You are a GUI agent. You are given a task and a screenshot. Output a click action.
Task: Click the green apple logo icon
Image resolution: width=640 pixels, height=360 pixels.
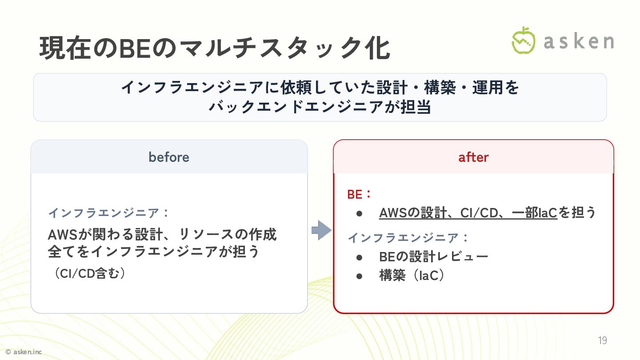[x=523, y=40]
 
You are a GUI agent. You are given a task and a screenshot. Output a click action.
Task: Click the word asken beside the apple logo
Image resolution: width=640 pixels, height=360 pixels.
[x=579, y=41]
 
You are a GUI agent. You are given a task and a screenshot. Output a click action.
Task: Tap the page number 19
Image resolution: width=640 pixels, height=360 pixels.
[x=602, y=340]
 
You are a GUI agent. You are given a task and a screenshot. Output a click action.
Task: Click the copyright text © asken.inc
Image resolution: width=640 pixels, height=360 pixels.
[x=23, y=352]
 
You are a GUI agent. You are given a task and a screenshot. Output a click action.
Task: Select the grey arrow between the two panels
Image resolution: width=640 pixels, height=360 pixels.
[x=321, y=230]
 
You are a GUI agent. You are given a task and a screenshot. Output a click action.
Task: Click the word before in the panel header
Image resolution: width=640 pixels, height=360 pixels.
[x=169, y=157]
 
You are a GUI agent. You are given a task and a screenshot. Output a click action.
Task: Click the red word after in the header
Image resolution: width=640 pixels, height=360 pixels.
[x=473, y=157]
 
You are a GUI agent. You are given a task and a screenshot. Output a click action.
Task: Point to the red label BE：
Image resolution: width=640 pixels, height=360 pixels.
[x=359, y=194]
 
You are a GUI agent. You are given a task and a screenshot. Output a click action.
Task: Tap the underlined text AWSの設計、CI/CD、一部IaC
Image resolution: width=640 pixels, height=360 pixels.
[x=468, y=213]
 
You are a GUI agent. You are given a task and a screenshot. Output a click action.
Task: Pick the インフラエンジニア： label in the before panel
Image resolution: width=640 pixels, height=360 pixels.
[x=109, y=213]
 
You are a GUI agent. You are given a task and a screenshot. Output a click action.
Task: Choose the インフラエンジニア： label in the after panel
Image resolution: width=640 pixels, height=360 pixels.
[x=408, y=238]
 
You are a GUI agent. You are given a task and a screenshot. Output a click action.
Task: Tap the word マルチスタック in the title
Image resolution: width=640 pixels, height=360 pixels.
[x=258, y=49]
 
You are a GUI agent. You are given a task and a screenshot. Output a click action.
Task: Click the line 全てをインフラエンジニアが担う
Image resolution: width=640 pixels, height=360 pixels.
[x=153, y=252]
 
